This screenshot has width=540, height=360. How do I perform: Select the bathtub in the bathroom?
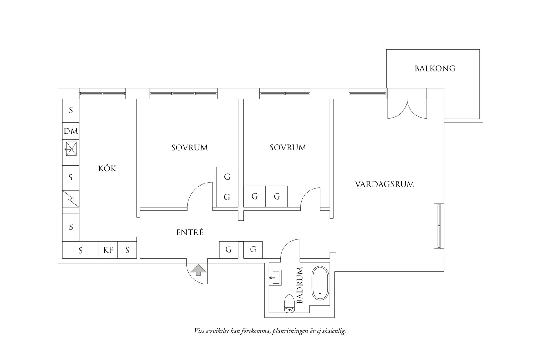pyautogui.click(x=320, y=283)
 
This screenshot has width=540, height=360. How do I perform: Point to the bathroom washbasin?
pyautogui.click(x=275, y=277)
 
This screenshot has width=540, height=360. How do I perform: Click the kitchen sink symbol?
pyautogui.click(x=71, y=149)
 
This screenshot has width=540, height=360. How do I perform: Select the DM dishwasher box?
pyautogui.click(x=71, y=131)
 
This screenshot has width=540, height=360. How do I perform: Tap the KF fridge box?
pyautogui.click(x=108, y=250)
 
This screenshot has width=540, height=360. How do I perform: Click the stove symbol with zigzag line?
pyautogui.click(x=71, y=199)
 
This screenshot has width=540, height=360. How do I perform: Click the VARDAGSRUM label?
pyautogui.click(x=384, y=184)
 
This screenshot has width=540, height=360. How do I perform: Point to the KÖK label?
pyautogui.click(x=107, y=169)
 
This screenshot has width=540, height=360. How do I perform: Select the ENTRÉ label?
pyautogui.click(x=190, y=233)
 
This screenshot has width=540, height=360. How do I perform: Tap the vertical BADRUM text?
pyautogui.click(x=299, y=285)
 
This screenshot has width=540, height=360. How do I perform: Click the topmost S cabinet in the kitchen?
pyautogui.click(x=71, y=110)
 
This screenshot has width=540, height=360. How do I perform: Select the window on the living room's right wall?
pyautogui.click(x=439, y=226)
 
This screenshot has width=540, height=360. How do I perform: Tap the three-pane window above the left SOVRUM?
pyautogui.click(x=184, y=94)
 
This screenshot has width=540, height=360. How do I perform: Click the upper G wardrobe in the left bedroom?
pyautogui.click(x=227, y=177)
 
